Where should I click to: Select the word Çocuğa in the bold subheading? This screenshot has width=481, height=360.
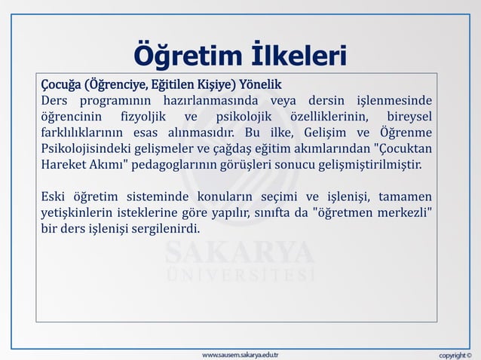click(60, 83)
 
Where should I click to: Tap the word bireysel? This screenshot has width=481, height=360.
click(410, 117)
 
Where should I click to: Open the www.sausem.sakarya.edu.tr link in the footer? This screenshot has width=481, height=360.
click(240, 353)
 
